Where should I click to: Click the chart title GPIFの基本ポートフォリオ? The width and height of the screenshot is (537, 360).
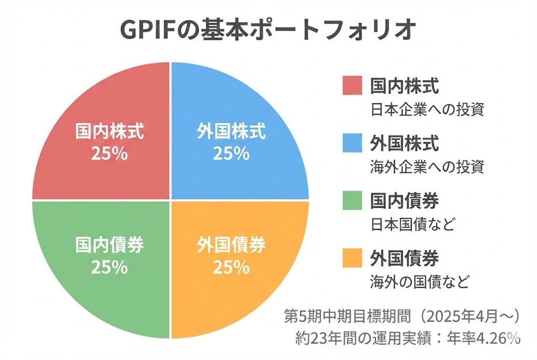pyautogui.click(x=268, y=30)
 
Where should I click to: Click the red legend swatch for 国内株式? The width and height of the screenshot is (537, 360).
pyautogui.click(x=353, y=85)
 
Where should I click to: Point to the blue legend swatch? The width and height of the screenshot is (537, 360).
pyautogui.click(x=353, y=143)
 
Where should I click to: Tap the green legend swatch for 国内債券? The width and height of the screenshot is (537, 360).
pyautogui.click(x=353, y=201)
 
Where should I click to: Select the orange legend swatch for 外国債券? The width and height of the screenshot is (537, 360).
pyautogui.click(x=353, y=258)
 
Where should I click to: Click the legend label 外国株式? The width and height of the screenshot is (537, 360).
pyautogui.click(x=404, y=143)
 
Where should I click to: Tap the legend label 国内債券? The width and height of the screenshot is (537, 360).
pyautogui.click(x=404, y=201)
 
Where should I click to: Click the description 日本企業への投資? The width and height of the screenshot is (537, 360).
pyautogui.click(x=426, y=110)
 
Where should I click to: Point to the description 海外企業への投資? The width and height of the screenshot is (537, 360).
pyautogui.click(x=426, y=167)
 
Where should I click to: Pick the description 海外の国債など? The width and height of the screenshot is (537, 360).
pyautogui.click(x=419, y=282)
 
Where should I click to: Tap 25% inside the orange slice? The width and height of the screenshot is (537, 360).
pyautogui.click(x=231, y=267)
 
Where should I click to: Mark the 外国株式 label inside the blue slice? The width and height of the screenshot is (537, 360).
pyautogui.click(x=231, y=130)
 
